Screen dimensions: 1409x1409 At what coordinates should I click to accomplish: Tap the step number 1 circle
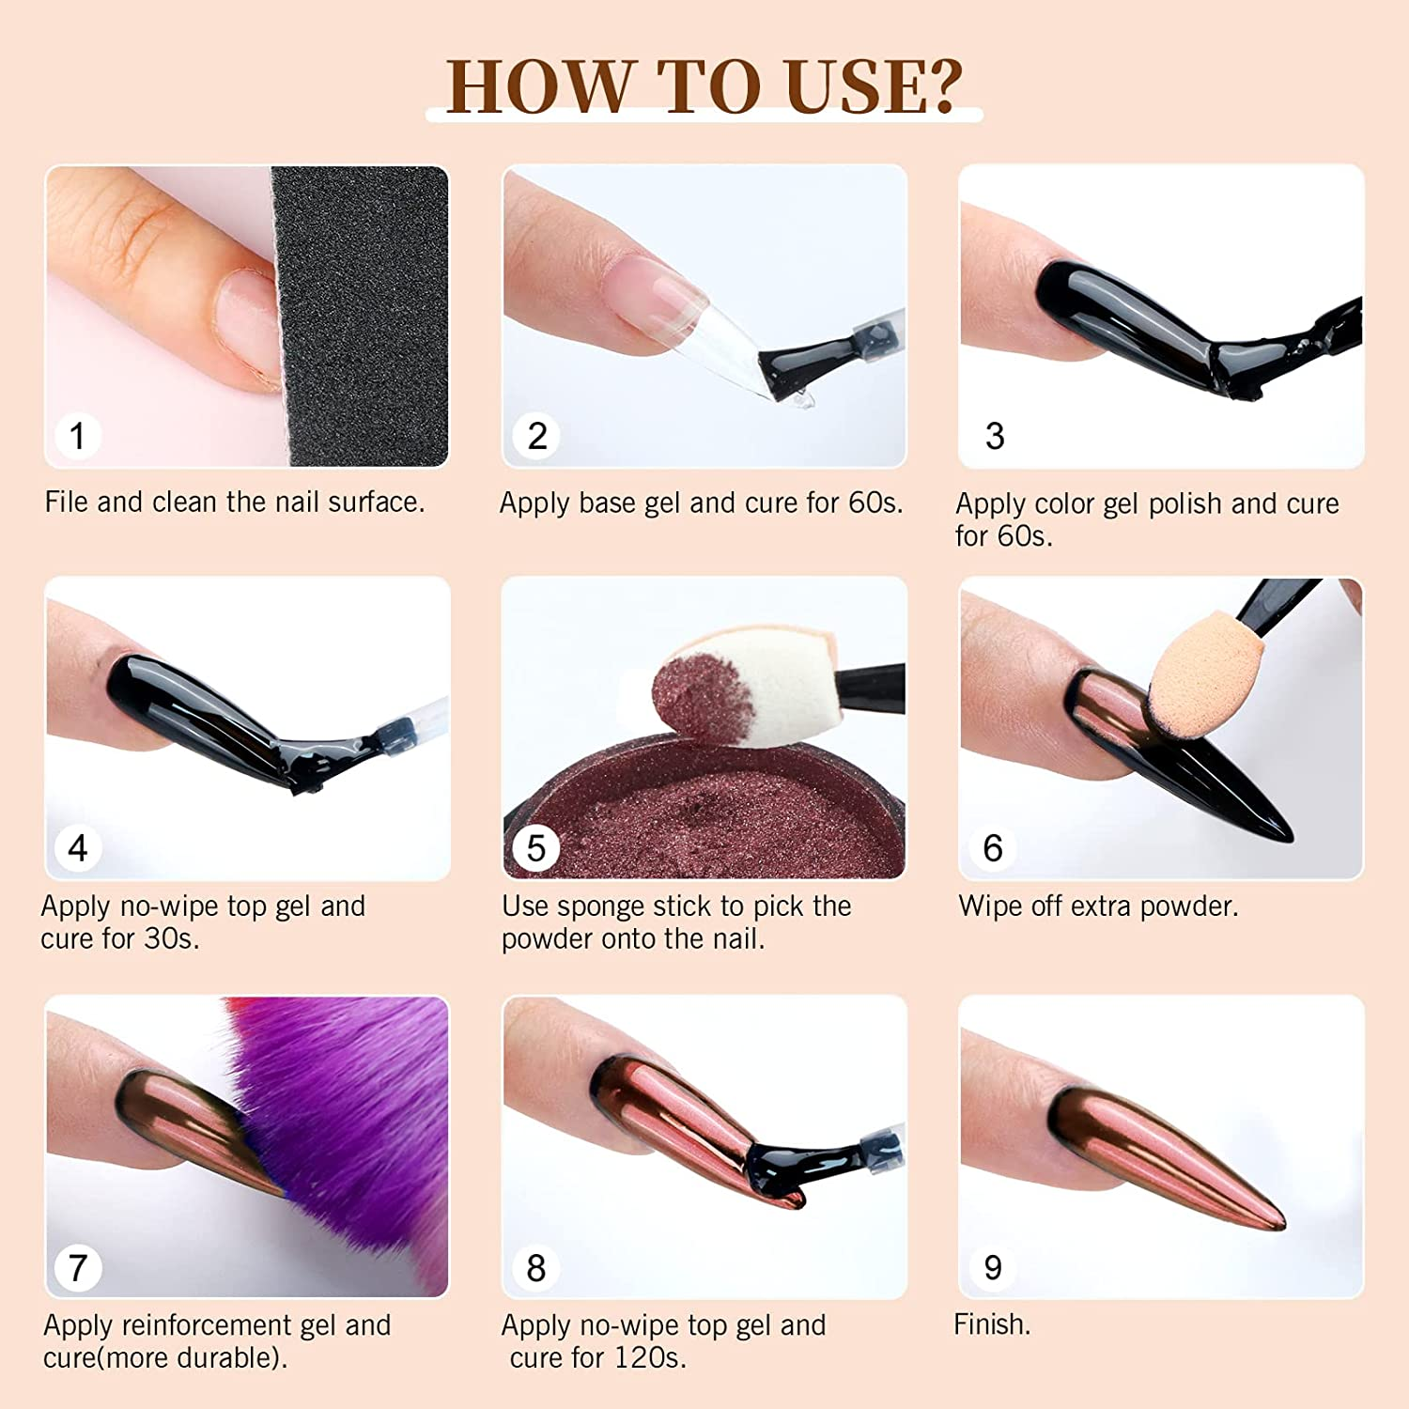(x=77, y=436)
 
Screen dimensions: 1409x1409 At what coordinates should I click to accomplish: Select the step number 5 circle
(x=535, y=848)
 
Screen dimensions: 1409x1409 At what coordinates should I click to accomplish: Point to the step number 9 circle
(x=993, y=1268)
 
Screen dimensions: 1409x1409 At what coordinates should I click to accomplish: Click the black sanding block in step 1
(x=362, y=315)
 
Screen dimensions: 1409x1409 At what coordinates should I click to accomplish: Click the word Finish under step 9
(x=991, y=1324)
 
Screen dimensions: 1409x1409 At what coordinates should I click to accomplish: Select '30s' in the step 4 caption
(x=170, y=938)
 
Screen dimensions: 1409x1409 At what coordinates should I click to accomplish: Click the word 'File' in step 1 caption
(x=67, y=502)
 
